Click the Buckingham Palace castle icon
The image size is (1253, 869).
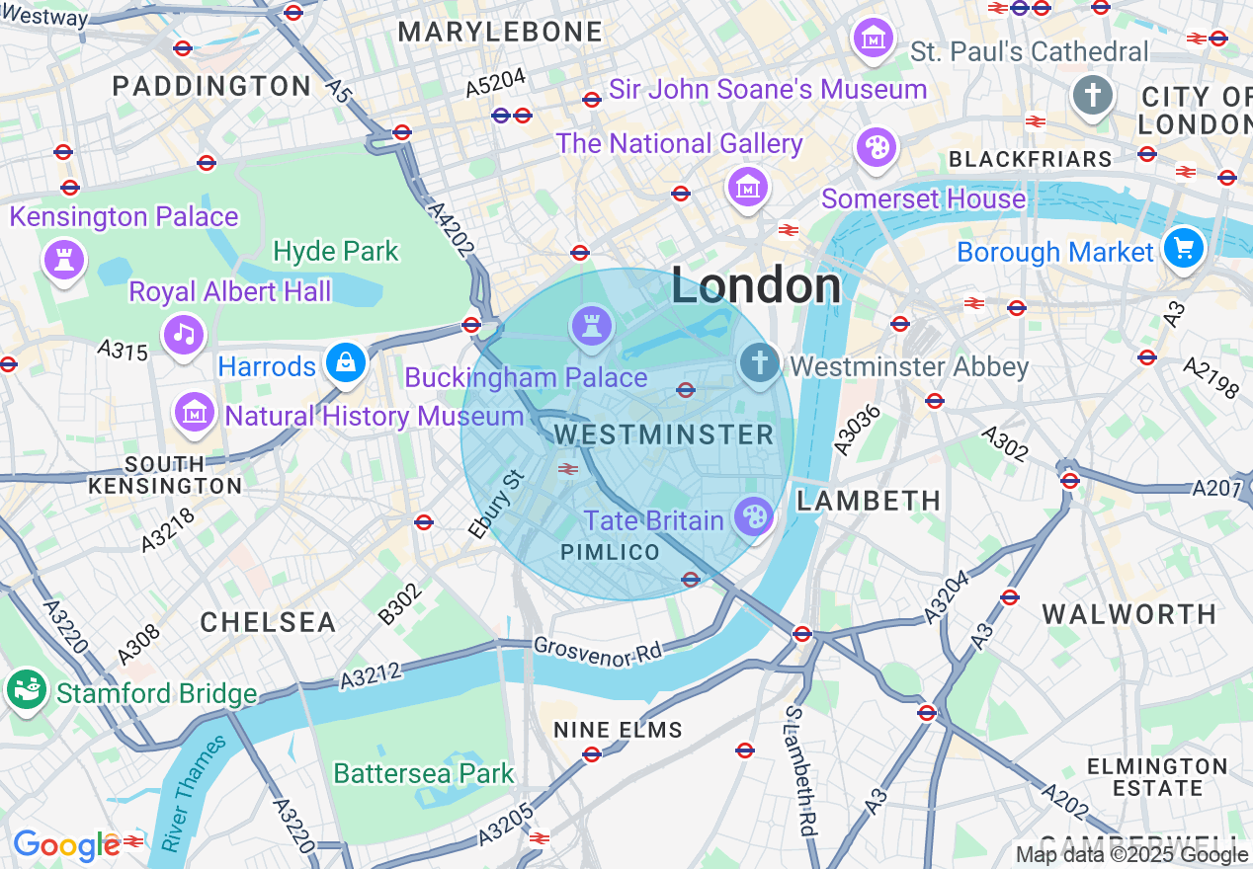point(591,325)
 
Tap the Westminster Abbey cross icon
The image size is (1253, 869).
point(759,362)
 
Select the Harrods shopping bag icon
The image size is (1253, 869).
point(347,363)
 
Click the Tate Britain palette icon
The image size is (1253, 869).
point(754,516)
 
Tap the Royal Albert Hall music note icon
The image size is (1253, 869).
point(184,332)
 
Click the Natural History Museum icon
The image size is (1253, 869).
point(195,412)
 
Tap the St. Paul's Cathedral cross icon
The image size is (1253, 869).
point(1093,96)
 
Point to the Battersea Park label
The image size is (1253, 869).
point(424,773)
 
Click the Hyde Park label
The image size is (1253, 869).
point(336,251)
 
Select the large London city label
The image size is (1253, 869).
point(756,286)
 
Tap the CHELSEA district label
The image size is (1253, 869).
point(268,622)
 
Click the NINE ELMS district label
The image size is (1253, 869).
point(618,731)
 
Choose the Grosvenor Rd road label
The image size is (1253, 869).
point(599,650)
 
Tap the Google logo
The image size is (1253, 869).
point(66,845)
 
